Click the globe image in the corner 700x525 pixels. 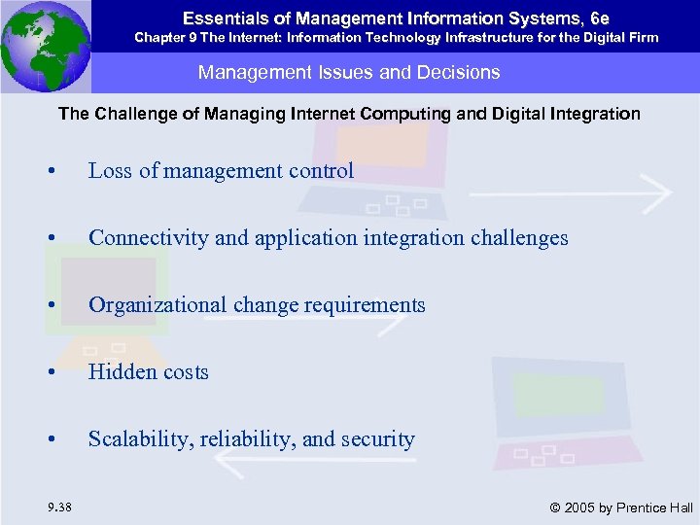[47, 45]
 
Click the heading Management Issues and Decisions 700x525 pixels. [349, 72]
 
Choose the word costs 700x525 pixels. [185, 372]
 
